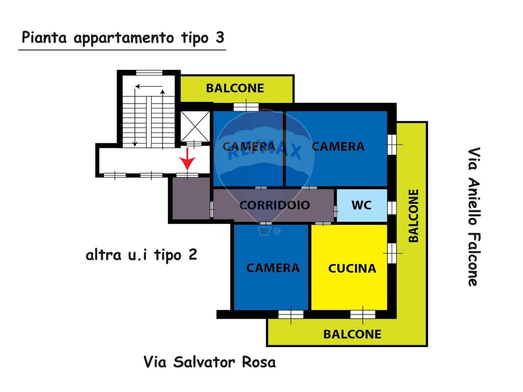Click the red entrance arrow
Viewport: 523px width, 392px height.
(188, 159)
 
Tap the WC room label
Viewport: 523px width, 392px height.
(362, 205)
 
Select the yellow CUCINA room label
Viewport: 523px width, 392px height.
(352, 268)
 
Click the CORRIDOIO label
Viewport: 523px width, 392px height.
(274, 205)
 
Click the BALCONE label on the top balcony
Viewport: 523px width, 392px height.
(235, 88)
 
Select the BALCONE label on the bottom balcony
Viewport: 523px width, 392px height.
(352, 334)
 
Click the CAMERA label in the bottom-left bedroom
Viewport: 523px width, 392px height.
(273, 268)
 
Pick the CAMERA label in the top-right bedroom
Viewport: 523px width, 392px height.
(337, 147)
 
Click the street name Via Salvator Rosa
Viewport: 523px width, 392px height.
(210, 362)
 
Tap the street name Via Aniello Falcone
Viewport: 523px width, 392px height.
(474, 217)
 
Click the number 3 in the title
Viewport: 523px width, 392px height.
(219, 38)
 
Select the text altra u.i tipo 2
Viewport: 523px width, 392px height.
(141, 255)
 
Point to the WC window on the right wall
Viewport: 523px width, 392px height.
(392, 207)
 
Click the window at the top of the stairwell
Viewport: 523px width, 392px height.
(149, 73)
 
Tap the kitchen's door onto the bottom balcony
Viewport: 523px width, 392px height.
(363, 314)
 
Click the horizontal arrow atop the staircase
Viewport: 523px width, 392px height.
(149, 87)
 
